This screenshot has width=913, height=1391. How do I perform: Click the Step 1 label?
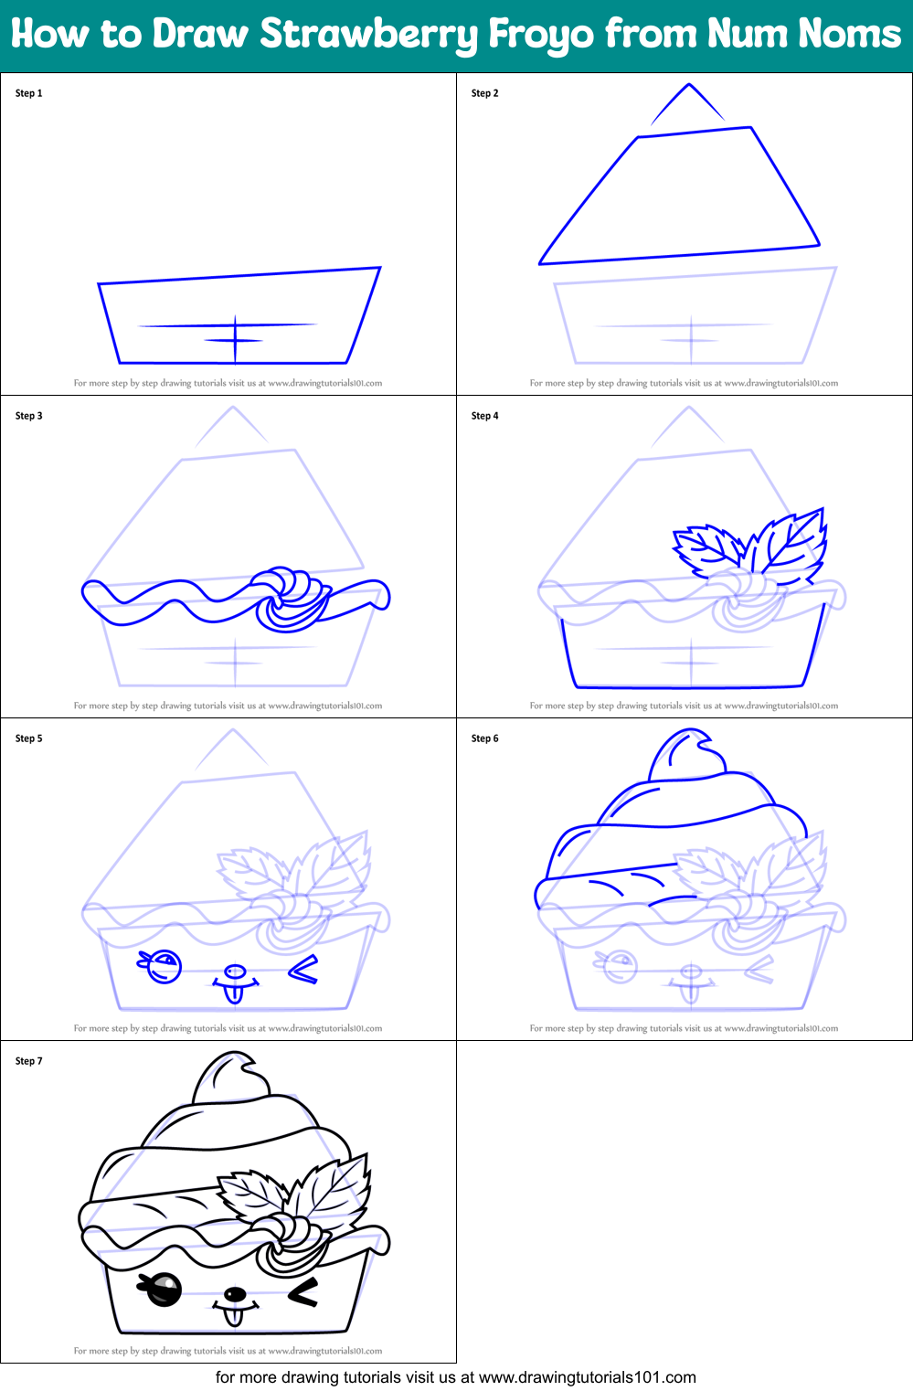click(x=29, y=93)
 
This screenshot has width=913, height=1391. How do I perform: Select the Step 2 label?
click(x=485, y=93)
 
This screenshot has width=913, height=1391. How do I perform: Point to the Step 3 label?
click(x=29, y=416)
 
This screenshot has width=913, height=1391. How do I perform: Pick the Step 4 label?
click(x=485, y=416)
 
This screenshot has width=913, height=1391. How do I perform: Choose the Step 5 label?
click(x=29, y=738)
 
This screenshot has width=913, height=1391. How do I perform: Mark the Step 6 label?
click(x=485, y=738)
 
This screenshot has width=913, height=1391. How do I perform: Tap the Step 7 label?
click(x=29, y=1061)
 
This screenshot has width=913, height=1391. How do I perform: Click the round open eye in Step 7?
click(x=163, y=1290)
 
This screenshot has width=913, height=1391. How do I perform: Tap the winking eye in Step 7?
click(x=303, y=1291)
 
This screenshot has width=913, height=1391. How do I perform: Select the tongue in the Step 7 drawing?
click(x=234, y=1316)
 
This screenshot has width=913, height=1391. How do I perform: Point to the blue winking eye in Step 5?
click(x=303, y=969)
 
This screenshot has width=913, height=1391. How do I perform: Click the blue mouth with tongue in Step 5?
click(x=234, y=983)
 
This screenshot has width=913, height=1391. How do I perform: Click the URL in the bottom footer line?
click(x=587, y=1377)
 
